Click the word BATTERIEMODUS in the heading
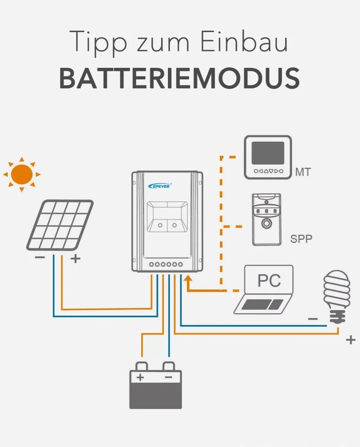click(179, 78)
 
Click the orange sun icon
click(21, 174)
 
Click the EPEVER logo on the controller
click(159, 185)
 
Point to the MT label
click(302, 173)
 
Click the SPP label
click(301, 239)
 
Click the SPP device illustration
click(266, 219)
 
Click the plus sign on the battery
click(140, 377)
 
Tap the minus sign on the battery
click(168, 377)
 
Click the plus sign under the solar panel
click(76, 259)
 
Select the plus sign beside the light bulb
click(350, 340)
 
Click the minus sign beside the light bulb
click(313, 319)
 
